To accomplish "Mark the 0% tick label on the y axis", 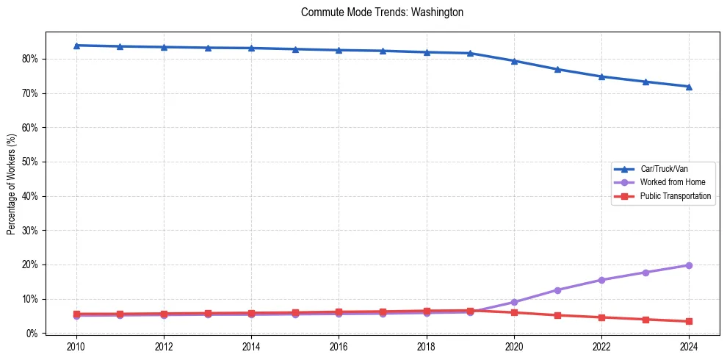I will pos(32,334).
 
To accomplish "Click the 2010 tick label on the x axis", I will pos(76,347).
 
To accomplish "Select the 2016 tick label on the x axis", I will pos(339,347).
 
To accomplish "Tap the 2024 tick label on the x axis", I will pos(689,347).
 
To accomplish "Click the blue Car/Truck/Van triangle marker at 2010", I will pos(76,46).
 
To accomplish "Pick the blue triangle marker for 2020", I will pos(514,61).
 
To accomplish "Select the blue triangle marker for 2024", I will pos(689,87).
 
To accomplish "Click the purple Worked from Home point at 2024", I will pos(689,265).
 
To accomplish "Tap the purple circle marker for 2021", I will pos(557,290).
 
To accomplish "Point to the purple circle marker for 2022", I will pos(601,280).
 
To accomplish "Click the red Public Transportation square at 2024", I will pos(689,321).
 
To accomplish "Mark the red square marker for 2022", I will pos(601,317).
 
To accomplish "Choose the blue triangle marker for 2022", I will pos(601,76).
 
